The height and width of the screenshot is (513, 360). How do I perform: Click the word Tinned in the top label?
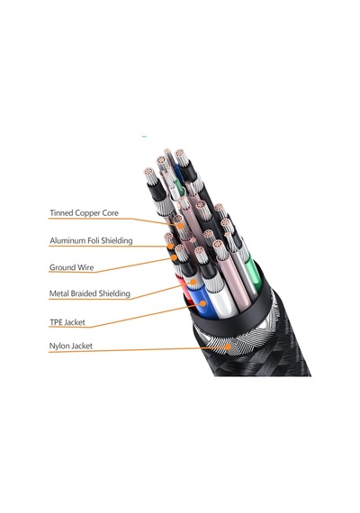click(x=61, y=213)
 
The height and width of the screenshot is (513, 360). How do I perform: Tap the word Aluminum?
click(x=67, y=241)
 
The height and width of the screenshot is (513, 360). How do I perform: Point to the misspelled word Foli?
click(x=94, y=241)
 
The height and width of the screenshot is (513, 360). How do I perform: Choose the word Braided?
click(x=84, y=293)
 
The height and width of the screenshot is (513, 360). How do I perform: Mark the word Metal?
click(x=58, y=293)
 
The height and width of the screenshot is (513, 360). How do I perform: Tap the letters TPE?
click(x=56, y=322)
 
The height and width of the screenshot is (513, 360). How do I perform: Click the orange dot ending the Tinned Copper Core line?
click(x=180, y=226)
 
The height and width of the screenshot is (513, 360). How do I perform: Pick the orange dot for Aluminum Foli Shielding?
click(x=170, y=246)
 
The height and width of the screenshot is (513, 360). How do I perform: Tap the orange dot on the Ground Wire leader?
click(x=174, y=257)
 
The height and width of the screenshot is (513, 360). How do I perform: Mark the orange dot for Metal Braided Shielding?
click(x=193, y=282)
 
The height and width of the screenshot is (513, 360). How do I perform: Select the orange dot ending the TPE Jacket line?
click(x=202, y=303)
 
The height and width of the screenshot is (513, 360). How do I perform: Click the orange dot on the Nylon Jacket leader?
click(x=228, y=346)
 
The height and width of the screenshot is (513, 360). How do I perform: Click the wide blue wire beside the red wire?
click(x=204, y=301)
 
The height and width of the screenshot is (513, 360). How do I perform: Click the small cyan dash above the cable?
click(x=144, y=136)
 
